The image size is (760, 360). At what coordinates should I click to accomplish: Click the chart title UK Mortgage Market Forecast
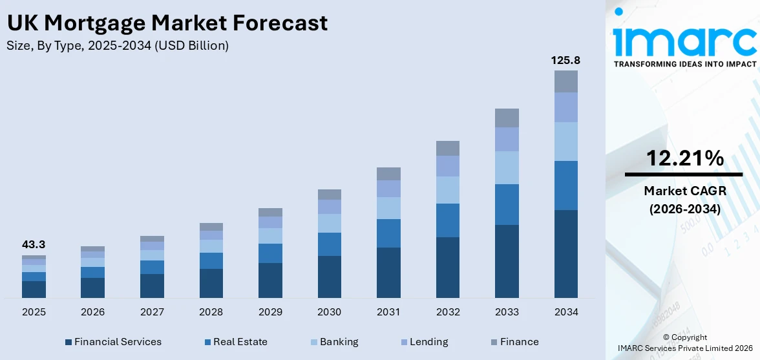pos(167,23)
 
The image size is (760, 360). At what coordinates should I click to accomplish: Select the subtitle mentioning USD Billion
pos(118,46)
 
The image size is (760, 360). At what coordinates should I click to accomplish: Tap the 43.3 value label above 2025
pos(34,245)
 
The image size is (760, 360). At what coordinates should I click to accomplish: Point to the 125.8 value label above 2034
pos(565,60)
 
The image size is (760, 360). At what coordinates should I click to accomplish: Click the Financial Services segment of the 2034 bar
pos(565,253)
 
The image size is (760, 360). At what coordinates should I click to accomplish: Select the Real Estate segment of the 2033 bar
pos(507,204)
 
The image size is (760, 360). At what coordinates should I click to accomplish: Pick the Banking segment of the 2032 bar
pos(447,190)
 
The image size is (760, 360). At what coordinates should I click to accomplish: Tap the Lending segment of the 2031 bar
pos(388,189)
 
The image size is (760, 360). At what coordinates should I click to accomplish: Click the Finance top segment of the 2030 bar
pos(329,195)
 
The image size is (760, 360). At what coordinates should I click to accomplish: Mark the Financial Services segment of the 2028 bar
pos(211,283)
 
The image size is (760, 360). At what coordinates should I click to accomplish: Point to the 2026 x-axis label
pos(92,312)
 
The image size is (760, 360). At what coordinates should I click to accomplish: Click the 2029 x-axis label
pos(270,312)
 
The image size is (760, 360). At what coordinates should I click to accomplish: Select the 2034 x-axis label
pos(565,312)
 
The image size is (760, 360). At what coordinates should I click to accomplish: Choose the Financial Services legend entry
pos(113,342)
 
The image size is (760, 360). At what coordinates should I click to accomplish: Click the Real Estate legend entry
pos(235,342)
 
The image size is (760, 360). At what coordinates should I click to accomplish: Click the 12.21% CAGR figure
pos(684,158)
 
